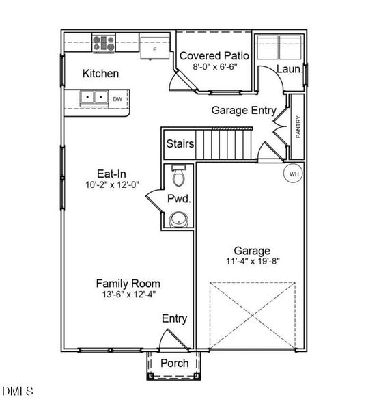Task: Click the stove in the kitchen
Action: [104, 43]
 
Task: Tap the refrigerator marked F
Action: [155, 48]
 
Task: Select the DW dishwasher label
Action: [117, 99]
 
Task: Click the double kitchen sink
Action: [94, 98]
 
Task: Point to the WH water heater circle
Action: [294, 174]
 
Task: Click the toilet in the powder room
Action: [179, 176]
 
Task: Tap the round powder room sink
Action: [179, 219]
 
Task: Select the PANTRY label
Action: [298, 127]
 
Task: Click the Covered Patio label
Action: [214, 56]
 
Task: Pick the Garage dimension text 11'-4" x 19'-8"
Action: [253, 261]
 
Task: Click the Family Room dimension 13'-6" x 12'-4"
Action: [129, 295]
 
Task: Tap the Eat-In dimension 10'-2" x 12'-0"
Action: [113, 185]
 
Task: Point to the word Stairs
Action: [180, 143]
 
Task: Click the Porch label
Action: [175, 364]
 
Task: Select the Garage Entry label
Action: [244, 110]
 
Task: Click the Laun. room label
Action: [290, 69]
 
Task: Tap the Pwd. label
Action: [179, 199]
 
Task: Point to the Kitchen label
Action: [100, 74]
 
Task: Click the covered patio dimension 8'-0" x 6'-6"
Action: [214, 67]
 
